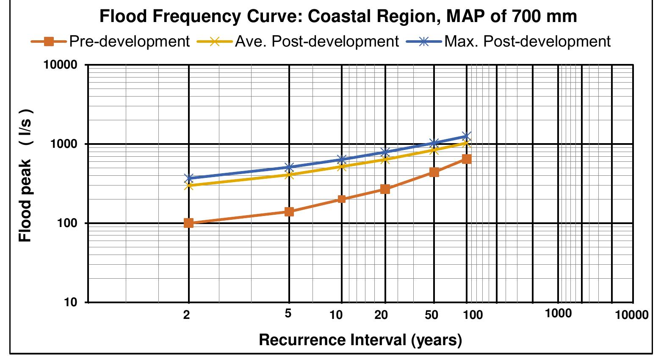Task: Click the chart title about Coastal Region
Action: (x=337, y=17)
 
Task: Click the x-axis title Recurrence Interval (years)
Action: (x=360, y=340)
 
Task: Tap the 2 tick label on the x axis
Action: (x=186, y=315)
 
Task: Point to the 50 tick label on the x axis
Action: (x=431, y=315)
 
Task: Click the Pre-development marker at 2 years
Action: (x=188, y=223)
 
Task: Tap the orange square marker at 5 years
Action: (x=289, y=211)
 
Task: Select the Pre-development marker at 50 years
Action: (x=434, y=172)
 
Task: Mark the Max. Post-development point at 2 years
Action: (x=188, y=178)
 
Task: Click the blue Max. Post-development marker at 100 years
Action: (x=467, y=136)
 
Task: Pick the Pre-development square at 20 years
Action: (x=385, y=189)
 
